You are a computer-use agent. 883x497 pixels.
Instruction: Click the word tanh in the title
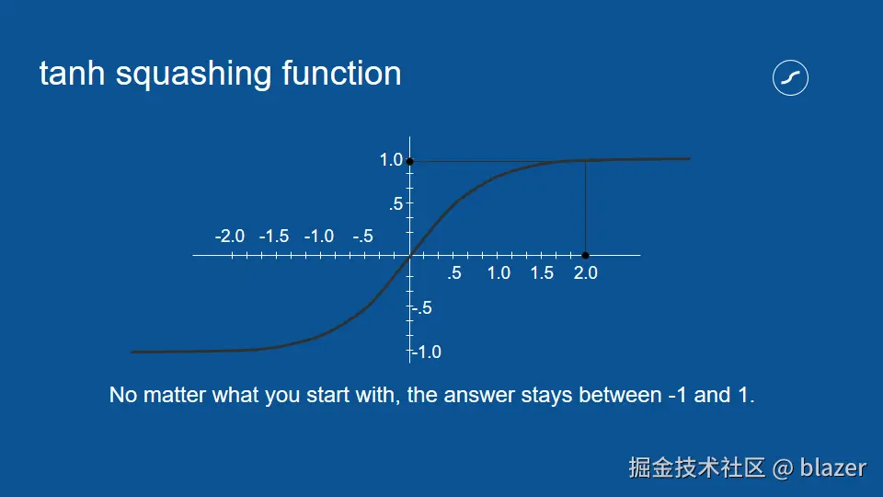tap(72, 74)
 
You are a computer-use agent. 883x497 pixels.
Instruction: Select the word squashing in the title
tap(194, 75)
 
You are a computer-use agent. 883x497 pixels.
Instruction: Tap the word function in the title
tap(342, 74)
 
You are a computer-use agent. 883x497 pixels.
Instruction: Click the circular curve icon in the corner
tap(791, 77)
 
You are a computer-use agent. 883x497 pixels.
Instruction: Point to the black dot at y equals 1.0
tap(410, 161)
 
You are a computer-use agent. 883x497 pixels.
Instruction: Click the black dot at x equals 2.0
tap(586, 255)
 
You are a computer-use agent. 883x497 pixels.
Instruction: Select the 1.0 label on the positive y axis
tap(392, 160)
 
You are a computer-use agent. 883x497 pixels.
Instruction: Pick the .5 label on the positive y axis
tap(396, 203)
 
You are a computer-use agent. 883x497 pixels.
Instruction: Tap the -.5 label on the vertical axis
tap(422, 308)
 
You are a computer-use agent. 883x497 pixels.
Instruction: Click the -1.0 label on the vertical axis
tap(427, 353)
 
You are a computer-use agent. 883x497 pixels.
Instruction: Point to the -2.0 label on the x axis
tap(230, 237)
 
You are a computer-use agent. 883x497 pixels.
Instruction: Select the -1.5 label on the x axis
tap(274, 237)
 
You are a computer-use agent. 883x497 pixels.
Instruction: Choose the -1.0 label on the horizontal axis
tap(319, 237)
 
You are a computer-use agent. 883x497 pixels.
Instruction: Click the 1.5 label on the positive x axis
tap(542, 273)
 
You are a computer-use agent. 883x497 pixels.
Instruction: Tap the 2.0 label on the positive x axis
tap(586, 273)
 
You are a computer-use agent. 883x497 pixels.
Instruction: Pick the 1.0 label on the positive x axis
tap(499, 273)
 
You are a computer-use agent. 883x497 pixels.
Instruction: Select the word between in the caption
tap(620, 395)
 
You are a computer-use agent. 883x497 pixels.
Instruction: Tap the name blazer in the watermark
tap(833, 468)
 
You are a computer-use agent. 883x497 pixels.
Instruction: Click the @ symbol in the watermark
tap(783, 468)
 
